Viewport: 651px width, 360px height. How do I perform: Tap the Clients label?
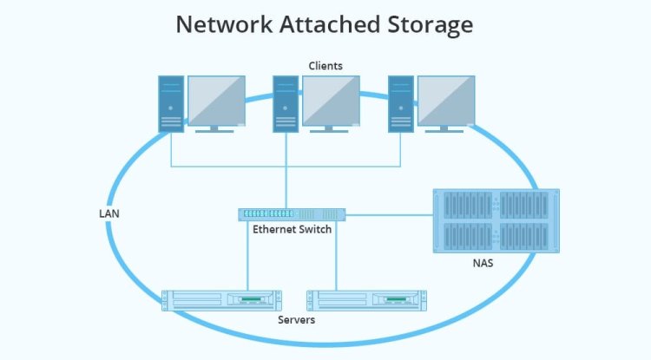coord(325,66)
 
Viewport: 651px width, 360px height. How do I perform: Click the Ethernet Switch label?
coord(292,230)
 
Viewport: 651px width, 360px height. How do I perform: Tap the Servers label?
coord(296,320)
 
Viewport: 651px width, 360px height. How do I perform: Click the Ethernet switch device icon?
coord(292,213)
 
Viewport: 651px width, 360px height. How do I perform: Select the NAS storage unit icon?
coord(496,220)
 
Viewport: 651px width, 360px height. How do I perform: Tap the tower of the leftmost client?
coord(171,103)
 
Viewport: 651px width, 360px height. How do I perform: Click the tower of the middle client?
coord(286,103)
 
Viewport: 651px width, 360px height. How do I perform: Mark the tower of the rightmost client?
coord(401,103)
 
